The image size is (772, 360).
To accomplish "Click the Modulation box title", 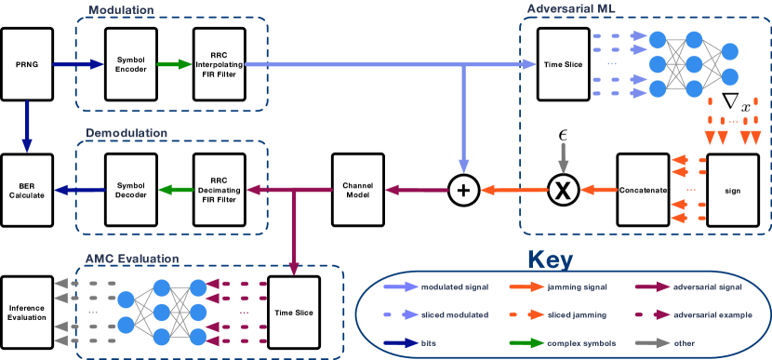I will (x=121, y=10).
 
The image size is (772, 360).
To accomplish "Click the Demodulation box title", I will (x=126, y=133).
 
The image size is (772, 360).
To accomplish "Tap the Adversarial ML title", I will (x=570, y=9).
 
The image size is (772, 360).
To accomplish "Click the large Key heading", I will (x=550, y=260).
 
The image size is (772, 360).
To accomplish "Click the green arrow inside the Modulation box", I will (x=174, y=64).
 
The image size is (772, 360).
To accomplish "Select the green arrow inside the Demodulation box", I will (x=176, y=190).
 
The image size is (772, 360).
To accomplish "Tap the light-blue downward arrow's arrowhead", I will (x=462, y=165).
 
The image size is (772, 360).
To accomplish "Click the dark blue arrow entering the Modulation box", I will (x=78, y=64).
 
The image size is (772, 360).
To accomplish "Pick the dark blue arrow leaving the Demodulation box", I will (x=79, y=190).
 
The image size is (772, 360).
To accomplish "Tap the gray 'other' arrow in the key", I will (x=656, y=342).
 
